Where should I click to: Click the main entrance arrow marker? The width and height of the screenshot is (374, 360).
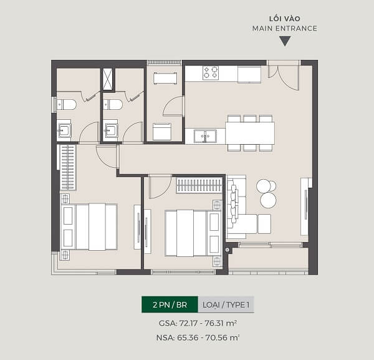click(x=285, y=41)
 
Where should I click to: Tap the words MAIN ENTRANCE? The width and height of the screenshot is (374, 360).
click(x=285, y=29)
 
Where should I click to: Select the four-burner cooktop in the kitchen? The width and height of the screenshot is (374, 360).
click(x=211, y=72)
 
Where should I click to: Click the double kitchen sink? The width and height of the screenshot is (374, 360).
click(x=205, y=136)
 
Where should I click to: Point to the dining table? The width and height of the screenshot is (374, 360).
click(x=250, y=133)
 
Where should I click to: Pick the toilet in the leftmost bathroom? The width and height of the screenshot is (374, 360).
click(x=66, y=105)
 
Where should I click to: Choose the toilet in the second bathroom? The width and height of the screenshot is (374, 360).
click(x=113, y=105)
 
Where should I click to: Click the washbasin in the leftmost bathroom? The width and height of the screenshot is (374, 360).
click(x=64, y=130)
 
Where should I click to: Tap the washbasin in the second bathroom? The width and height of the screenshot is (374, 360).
click(x=111, y=130)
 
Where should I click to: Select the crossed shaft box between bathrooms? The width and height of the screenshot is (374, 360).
click(x=107, y=79)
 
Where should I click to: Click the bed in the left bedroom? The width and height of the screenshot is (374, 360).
click(x=89, y=226)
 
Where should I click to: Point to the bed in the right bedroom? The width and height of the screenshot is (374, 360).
click(x=193, y=233)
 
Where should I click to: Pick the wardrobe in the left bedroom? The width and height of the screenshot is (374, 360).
click(x=68, y=167)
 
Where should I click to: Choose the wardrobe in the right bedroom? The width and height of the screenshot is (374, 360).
click(x=199, y=185)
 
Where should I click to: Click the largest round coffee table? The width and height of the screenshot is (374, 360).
click(x=268, y=200)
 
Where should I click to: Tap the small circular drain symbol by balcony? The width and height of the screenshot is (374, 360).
click(x=228, y=250)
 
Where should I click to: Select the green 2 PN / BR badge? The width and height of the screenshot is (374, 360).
click(x=170, y=304)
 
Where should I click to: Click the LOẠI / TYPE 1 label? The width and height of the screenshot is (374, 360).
click(x=226, y=304)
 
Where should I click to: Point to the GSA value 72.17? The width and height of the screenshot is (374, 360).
click(x=188, y=323)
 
